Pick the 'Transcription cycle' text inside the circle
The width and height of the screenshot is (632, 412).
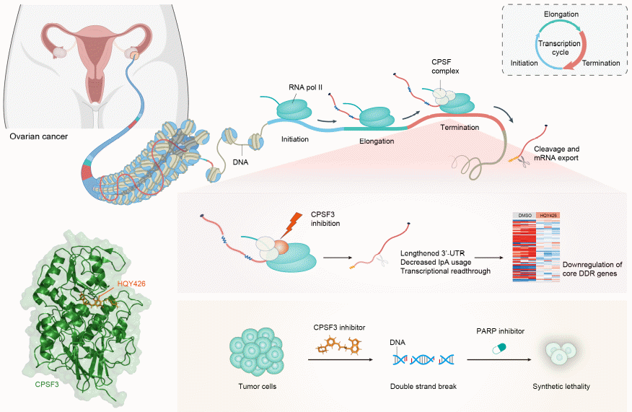(x=560, y=48)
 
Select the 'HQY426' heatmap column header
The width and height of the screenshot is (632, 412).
(x=550, y=216)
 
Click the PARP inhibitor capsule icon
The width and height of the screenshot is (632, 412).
(x=499, y=349)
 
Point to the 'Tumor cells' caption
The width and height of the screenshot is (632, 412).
(x=252, y=386)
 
